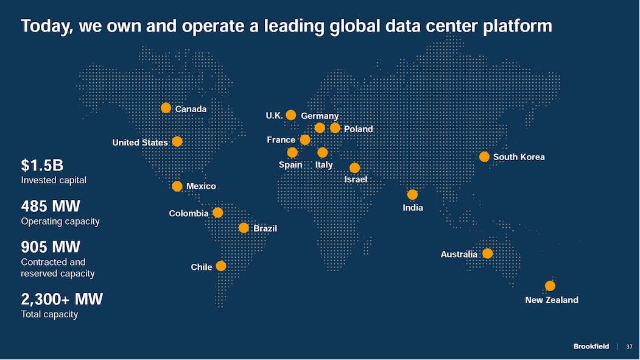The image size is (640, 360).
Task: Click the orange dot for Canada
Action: tap(166, 108)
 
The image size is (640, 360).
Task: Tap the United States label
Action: tap(139, 143)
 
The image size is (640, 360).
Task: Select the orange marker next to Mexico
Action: tap(177, 186)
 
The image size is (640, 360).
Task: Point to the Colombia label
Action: tap(189, 214)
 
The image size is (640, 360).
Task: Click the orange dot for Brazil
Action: tap(244, 228)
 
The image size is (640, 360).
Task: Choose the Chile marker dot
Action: tap(221, 266)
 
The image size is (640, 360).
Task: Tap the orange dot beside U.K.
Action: tap(291, 115)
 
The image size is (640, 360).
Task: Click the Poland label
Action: tap(358, 129)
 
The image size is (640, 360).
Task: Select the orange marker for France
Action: tap(305, 140)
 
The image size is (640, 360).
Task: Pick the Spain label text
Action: tap(290, 165)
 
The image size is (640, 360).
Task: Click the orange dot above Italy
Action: tap(323, 152)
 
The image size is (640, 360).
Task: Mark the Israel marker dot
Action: tap(355, 168)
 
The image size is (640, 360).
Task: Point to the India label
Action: tap(412, 208)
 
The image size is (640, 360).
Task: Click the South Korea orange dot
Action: tap(484, 157)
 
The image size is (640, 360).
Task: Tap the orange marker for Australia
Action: tap(487, 253)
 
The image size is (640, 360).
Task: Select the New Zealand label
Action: tap(551, 300)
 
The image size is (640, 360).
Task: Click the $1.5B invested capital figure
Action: tap(42, 165)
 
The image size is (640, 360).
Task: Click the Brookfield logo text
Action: tap(591, 347)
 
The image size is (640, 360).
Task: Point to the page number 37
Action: tap(629, 347)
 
